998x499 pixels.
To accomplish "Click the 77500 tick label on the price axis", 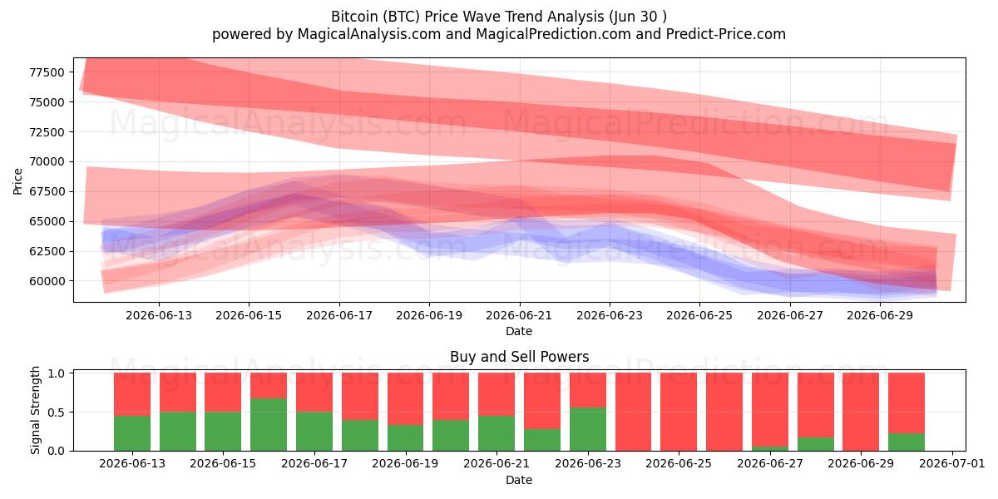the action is click(47, 72).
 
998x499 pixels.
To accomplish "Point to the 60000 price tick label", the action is click(47, 281).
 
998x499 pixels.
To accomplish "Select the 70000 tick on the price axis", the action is click(47, 161).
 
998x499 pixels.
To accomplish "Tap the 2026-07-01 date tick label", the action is click(952, 463).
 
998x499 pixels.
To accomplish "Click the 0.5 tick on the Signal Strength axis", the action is click(57, 413).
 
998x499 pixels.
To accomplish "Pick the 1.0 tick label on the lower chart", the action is click(57, 373).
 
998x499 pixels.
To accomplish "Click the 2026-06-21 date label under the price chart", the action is click(519, 315).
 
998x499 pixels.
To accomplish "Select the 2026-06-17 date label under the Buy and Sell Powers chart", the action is click(314, 463).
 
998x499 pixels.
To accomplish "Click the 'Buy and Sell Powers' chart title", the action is click(520, 357).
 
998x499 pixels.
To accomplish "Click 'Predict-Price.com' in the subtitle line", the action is click(726, 34).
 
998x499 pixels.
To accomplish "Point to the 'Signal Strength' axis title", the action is click(35, 410).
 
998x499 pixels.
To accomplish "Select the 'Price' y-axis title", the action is click(17, 182).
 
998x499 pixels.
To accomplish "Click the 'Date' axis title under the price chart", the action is click(519, 331).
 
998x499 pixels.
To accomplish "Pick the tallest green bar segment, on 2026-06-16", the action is click(269, 425).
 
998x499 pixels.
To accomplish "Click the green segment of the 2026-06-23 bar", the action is click(588, 429).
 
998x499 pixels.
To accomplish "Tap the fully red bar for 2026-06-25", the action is click(679, 412).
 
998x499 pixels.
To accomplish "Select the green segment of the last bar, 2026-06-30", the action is click(907, 442).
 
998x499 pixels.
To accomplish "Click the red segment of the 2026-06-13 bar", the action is click(132, 394).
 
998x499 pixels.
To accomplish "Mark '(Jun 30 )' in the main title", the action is click(638, 17).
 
